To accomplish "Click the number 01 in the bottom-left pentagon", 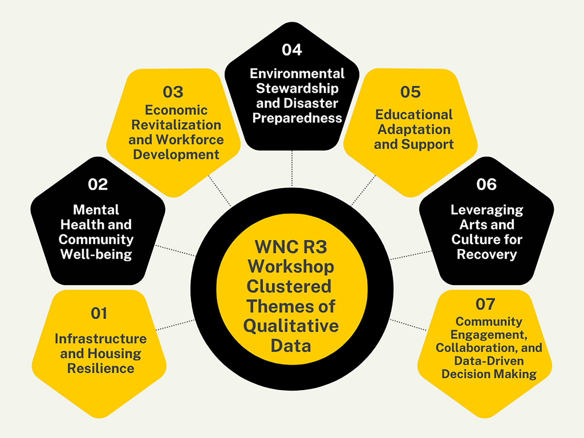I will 99,313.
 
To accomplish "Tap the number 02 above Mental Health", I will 98,184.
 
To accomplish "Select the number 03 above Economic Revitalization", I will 173,92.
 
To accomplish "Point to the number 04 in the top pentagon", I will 292,50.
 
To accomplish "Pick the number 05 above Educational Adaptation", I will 410,92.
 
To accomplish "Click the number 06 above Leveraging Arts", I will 486,184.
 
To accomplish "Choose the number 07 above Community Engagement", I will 485,304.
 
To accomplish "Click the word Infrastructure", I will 100,339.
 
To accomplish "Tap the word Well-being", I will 96,254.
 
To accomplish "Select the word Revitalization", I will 176,125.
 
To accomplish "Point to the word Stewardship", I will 297,88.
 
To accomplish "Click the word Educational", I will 414,114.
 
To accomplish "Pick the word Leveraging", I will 487,210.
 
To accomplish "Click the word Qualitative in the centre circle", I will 291,326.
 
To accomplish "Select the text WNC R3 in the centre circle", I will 291,247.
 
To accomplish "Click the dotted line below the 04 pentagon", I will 292,168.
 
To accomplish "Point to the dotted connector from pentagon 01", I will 175,325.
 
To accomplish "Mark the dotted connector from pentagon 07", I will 408,325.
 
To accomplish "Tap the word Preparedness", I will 297,118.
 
